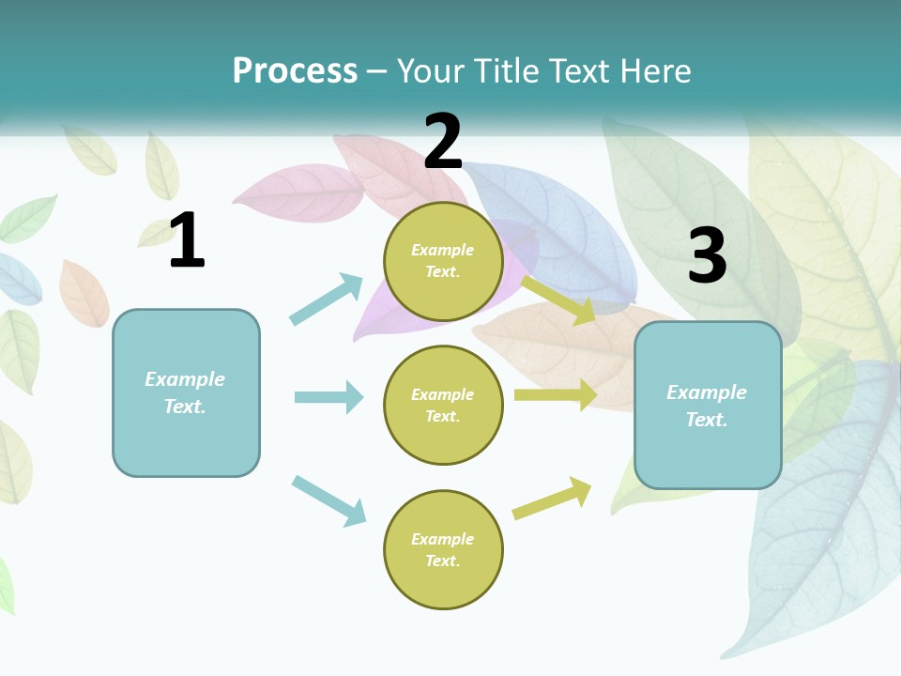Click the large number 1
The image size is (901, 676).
[187, 241]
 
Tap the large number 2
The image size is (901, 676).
[443, 142]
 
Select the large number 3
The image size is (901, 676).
[707, 256]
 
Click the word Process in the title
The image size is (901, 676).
[295, 70]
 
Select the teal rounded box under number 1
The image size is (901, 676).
[186, 392]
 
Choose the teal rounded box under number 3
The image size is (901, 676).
[708, 406]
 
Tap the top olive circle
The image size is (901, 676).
[443, 261]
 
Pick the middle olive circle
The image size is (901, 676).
[443, 406]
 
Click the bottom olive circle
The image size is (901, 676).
[443, 550]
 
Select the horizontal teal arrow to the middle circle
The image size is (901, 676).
[328, 397]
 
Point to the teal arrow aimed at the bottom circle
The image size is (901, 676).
[328, 500]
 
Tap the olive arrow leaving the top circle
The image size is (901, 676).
[558, 300]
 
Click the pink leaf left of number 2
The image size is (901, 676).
[298, 194]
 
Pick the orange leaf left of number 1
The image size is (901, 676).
[84, 293]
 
